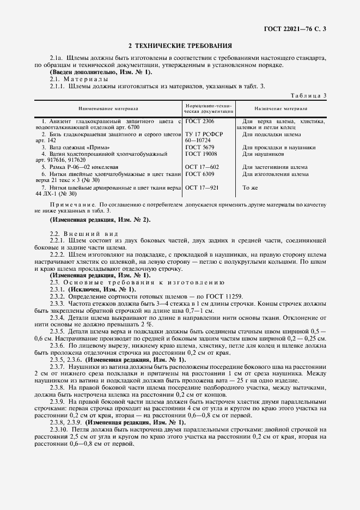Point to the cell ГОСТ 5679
click(199, 148)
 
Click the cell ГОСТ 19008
click(201, 154)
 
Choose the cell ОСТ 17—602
click(202, 167)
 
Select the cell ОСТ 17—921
click(202, 187)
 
